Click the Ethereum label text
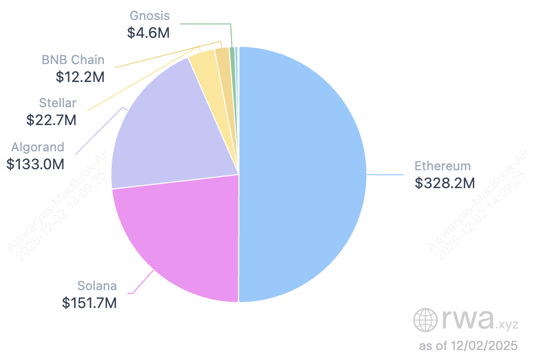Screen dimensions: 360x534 (x=442, y=166)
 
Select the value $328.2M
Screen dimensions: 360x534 (x=444, y=183)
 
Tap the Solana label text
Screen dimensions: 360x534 (x=97, y=286)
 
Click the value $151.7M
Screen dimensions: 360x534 (x=89, y=303)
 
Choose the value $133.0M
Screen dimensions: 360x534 (x=36, y=164)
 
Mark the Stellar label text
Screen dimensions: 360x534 (x=58, y=102)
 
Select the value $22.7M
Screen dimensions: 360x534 (x=51, y=120)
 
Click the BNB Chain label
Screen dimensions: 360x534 (x=73, y=59)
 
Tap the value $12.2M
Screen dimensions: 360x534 (x=80, y=77)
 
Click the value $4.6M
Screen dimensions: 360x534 (x=149, y=33)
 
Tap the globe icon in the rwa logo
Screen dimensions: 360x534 (x=424, y=320)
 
